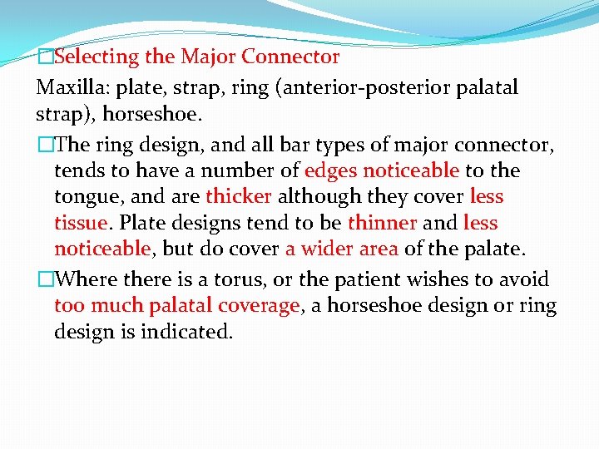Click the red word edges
[331, 170]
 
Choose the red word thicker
[239, 197]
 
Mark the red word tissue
[81, 224]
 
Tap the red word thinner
[382, 224]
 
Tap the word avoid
[524, 279]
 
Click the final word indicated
[193, 333]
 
